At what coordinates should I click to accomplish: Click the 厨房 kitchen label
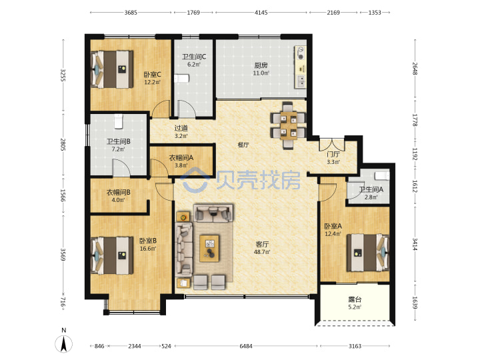tap(261, 65)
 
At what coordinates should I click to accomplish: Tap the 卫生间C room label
tap(194, 57)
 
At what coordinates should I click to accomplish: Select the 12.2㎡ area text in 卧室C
tap(152, 82)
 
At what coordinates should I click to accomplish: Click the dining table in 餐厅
tap(288, 125)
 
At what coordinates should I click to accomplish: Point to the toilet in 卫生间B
tap(119, 121)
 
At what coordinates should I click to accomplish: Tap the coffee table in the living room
tap(209, 248)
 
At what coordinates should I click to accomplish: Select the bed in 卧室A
tap(367, 253)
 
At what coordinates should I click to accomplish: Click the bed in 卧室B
tap(112, 255)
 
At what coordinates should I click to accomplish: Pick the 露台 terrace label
tap(355, 299)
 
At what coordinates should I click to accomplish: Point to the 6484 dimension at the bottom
tap(246, 346)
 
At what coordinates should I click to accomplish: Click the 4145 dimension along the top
tap(261, 13)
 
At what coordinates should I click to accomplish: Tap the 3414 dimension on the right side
tap(415, 244)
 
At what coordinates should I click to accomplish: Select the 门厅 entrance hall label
tap(333, 154)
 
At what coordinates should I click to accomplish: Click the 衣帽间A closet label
tap(181, 157)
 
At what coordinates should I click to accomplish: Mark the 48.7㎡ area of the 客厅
tap(262, 252)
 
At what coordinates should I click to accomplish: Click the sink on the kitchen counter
tap(301, 81)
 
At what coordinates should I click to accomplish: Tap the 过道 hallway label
tap(181, 128)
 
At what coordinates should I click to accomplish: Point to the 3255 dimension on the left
tap(63, 75)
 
